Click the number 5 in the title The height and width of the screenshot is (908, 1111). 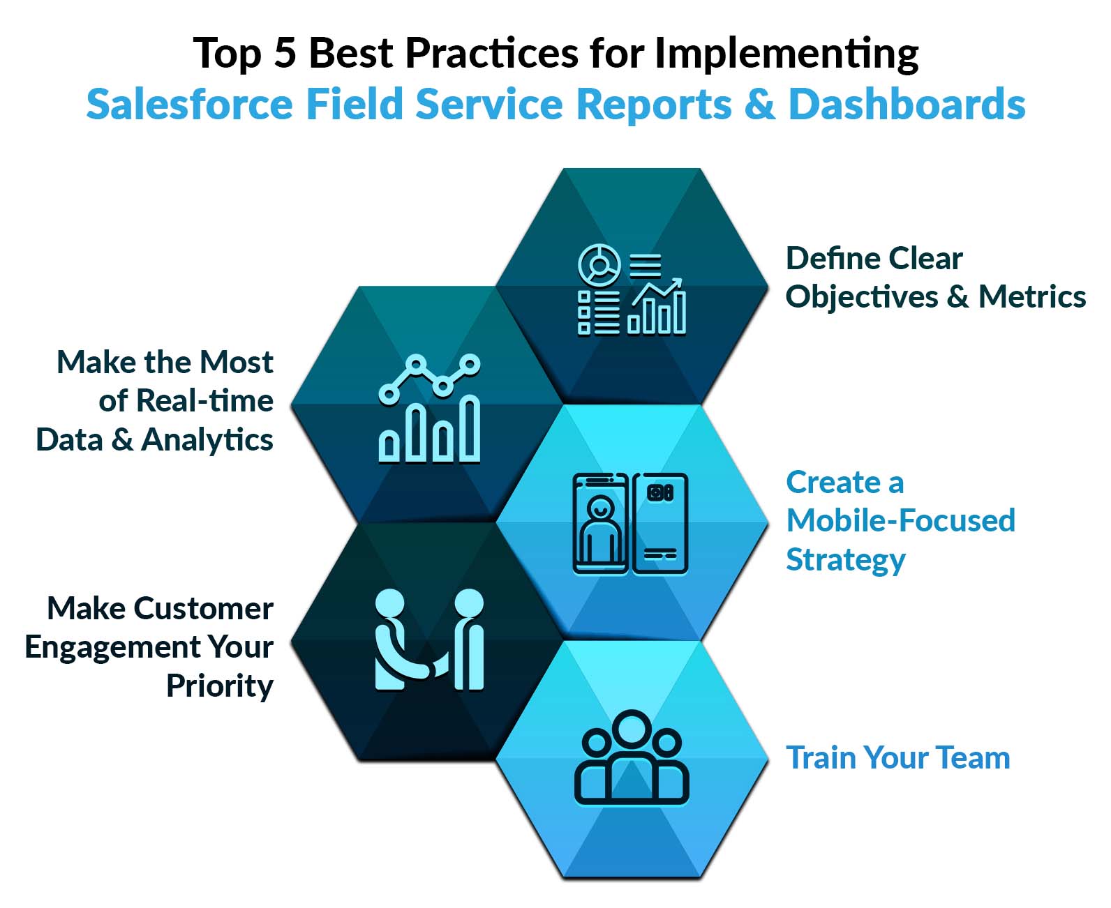285,54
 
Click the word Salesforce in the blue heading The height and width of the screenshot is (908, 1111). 189,105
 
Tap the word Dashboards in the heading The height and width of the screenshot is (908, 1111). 907,105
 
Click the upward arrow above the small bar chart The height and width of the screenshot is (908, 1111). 659,292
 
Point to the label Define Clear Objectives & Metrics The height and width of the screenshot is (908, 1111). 935,278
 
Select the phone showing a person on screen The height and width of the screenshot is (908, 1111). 600,524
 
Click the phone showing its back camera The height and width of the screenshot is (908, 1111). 660,524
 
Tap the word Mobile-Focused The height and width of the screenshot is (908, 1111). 900,520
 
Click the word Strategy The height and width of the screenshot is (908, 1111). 845,559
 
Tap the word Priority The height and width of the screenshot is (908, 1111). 220,686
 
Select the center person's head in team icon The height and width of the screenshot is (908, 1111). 632,729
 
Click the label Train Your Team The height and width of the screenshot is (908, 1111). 897,757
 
